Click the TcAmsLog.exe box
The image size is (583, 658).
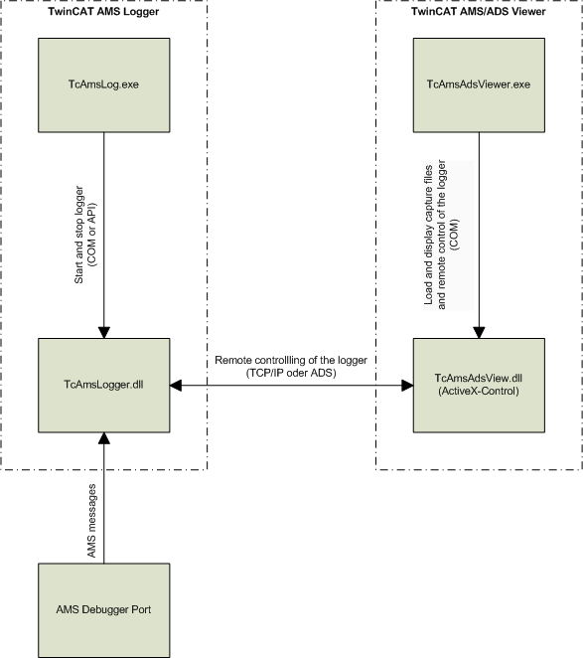(x=103, y=85)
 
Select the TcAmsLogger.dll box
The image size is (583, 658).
(x=103, y=385)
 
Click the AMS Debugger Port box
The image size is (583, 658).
(x=103, y=609)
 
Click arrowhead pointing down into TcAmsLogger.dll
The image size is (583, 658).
(x=103, y=331)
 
